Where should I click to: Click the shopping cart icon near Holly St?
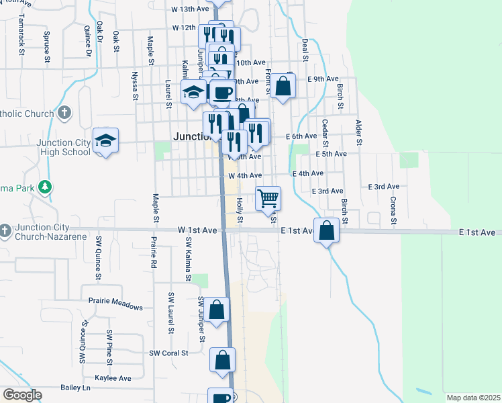[268, 197]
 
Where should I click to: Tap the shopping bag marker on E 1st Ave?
[326, 230]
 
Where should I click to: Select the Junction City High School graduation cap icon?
[105, 141]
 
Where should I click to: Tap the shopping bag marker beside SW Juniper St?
[217, 310]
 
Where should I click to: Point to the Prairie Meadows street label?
[115, 307]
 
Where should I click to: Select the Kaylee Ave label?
[113, 378]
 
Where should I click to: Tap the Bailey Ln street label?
[75, 388]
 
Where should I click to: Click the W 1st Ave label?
[197, 230]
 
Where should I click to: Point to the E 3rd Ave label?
[383, 186]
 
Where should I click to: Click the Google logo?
[22, 395]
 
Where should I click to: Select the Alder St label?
[358, 132]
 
